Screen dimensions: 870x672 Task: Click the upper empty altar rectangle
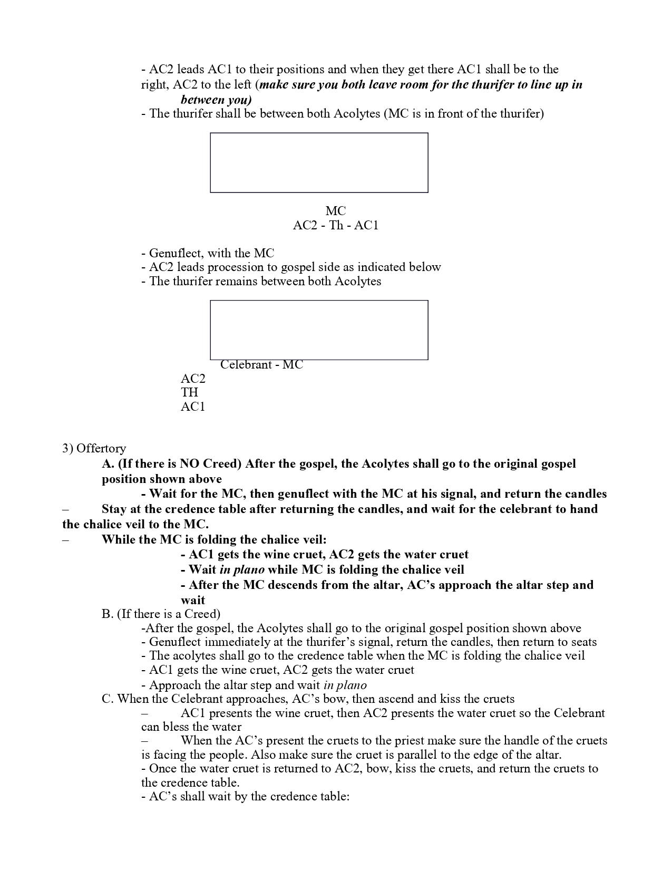(x=319, y=162)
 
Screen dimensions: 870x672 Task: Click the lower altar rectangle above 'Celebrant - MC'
(x=319, y=330)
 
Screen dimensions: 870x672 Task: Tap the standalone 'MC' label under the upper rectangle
(x=336, y=211)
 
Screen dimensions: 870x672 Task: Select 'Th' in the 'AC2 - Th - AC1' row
(x=336, y=226)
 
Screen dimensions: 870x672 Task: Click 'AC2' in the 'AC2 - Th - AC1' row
(x=305, y=226)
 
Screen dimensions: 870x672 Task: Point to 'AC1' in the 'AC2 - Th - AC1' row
(x=366, y=226)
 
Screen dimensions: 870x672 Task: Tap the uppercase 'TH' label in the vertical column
(x=190, y=392)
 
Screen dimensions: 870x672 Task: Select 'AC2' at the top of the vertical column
(x=193, y=379)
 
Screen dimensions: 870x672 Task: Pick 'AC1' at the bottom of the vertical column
(x=193, y=407)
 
